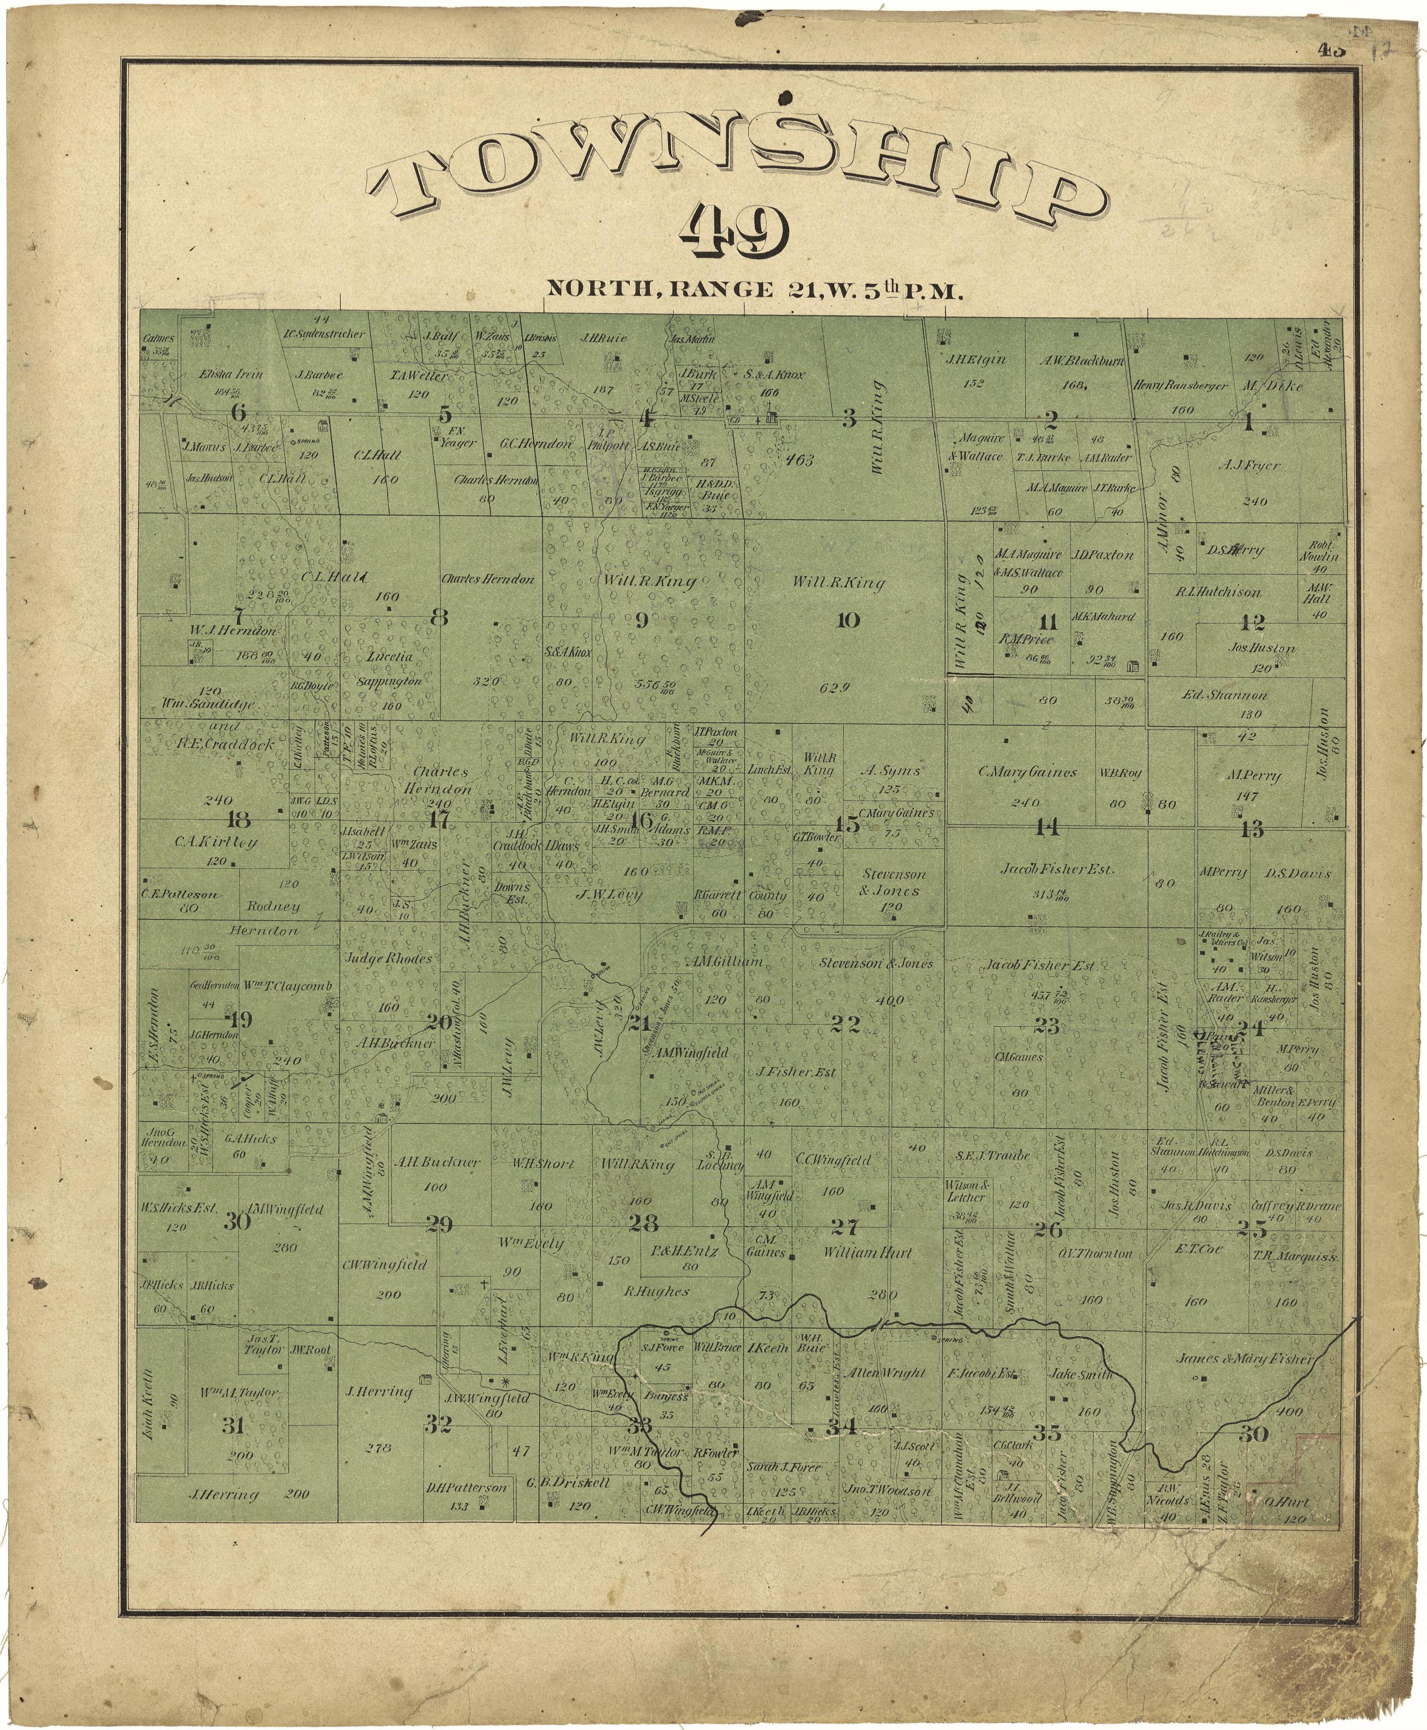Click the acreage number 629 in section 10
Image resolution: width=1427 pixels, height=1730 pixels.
point(833,688)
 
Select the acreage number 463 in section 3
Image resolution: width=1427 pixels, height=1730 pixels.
point(799,460)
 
